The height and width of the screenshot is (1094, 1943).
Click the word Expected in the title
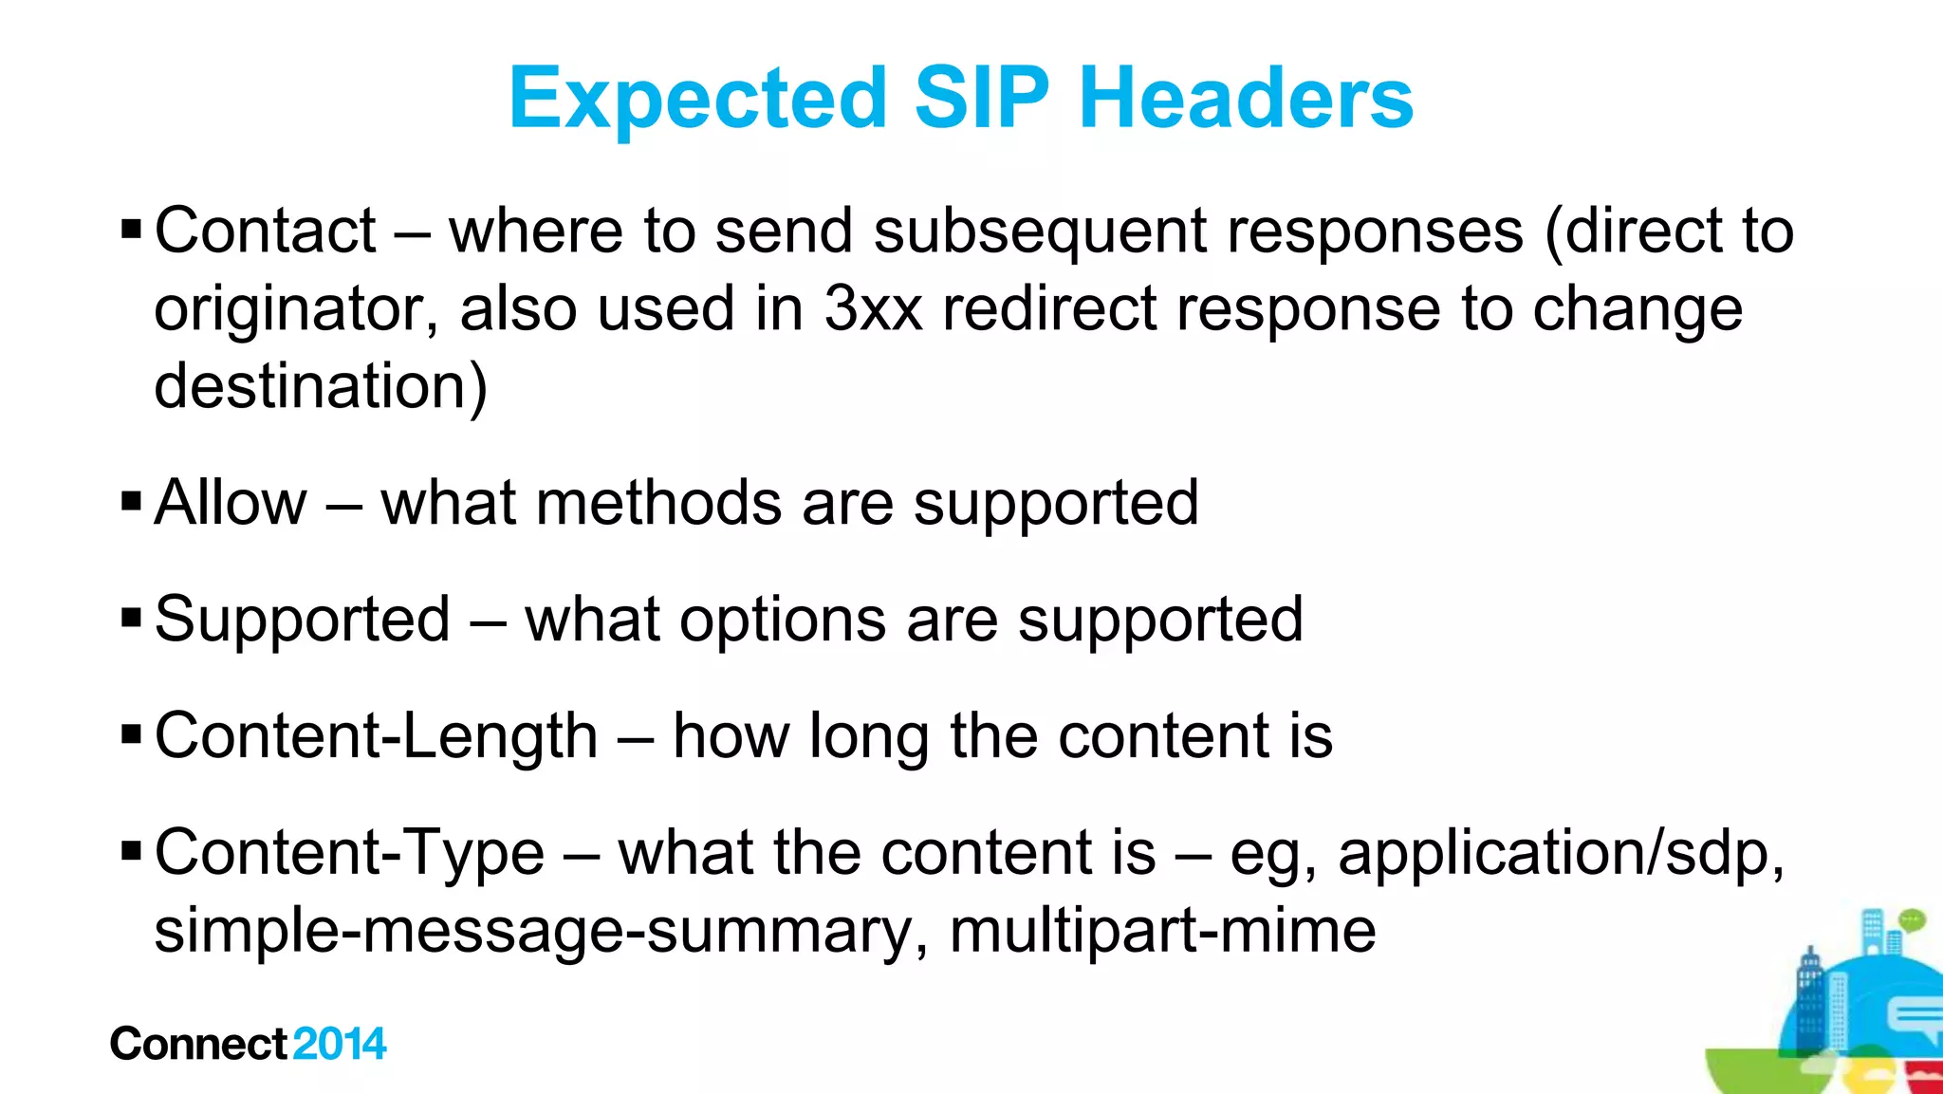pyautogui.click(x=698, y=99)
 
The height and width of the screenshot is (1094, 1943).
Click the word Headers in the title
pyautogui.click(x=1246, y=99)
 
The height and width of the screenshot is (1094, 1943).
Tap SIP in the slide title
pyautogui.click(x=981, y=99)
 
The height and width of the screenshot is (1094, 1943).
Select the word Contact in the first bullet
pyautogui.click(x=265, y=231)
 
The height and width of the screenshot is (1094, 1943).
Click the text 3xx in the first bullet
pyautogui.click(x=873, y=309)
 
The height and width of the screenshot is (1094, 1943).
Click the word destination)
pyautogui.click(x=321, y=387)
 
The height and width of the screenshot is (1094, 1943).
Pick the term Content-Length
pyautogui.click(x=376, y=736)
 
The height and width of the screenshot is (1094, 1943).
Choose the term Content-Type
pyautogui.click(x=349, y=853)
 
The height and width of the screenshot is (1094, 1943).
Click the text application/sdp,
pyautogui.click(x=1562, y=853)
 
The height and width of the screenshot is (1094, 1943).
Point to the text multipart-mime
pyautogui.click(x=1162, y=931)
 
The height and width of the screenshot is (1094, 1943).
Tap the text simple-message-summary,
pyautogui.click(x=542, y=931)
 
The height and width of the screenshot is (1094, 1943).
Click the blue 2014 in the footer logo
pyautogui.click(x=340, y=1044)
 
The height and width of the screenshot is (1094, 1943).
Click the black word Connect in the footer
pyautogui.click(x=198, y=1044)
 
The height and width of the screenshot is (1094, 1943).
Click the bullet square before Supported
pyautogui.click(x=132, y=619)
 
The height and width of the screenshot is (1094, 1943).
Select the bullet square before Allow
pyautogui.click(x=132, y=501)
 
